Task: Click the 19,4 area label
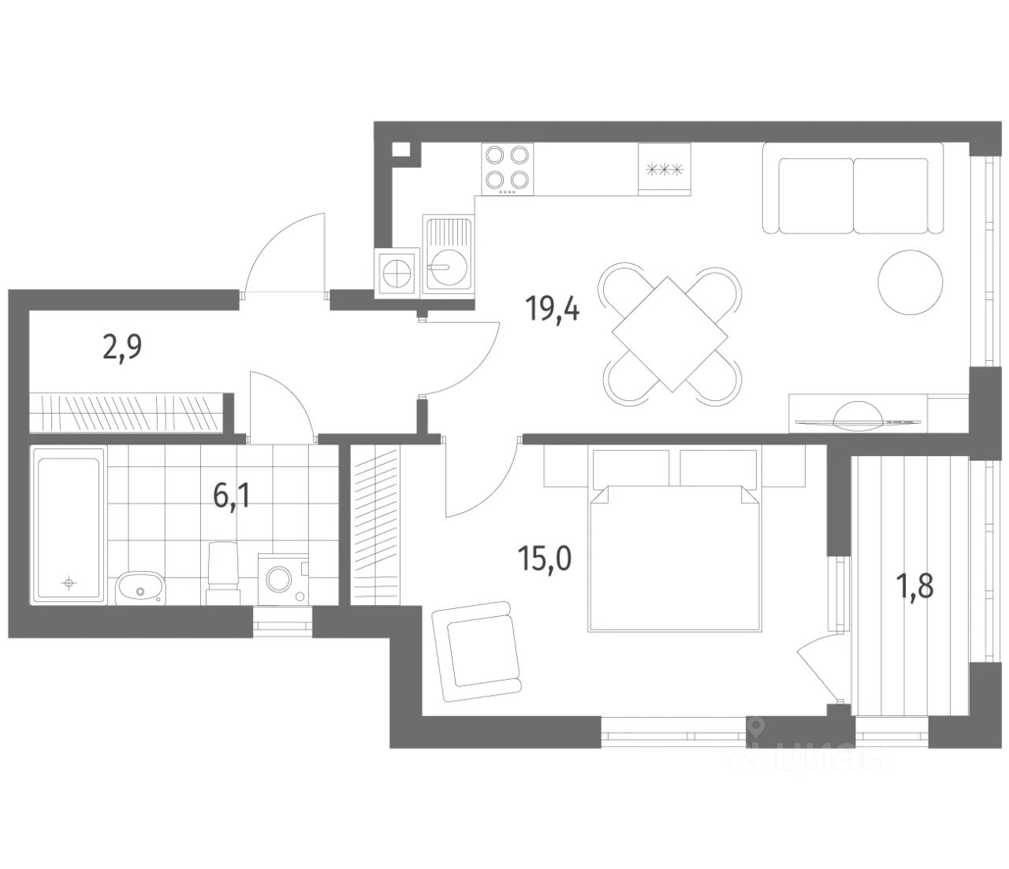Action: pyautogui.click(x=552, y=310)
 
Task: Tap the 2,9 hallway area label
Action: pyautogui.click(x=122, y=347)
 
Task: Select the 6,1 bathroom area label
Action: pyautogui.click(x=232, y=497)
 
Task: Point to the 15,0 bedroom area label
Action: pyautogui.click(x=545, y=559)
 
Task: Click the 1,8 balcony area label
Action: pyautogui.click(x=914, y=586)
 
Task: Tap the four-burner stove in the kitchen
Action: pyautogui.click(x=507, y=169)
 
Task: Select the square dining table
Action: pyautogui.click(x=670, y=334)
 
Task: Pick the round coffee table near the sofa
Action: pyautogui.click(x=910, y=282)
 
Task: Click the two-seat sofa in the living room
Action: pyautogui.click(x=853, y=188)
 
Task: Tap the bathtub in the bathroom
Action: pyautogui.click(x=69, y=526)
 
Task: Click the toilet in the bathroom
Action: pyautogui.click(x=223, y=574)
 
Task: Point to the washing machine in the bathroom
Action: pyautogui.click(x=283, y=579)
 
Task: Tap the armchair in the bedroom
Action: pyautogui.click(x=478, y=651)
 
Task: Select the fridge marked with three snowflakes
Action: pyautogui.click(x=665, y=169)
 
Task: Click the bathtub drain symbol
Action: pyautogui.click(x=69, y=582)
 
